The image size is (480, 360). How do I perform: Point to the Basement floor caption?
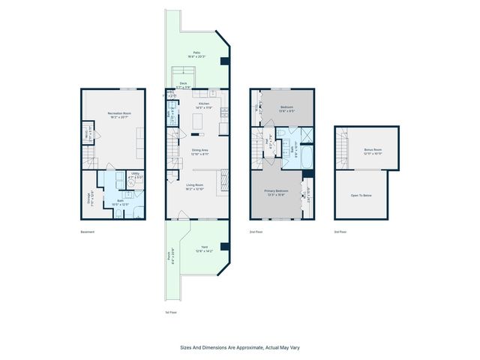click(x=88, y=232)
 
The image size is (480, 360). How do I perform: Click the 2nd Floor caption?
click(x=256, y=232)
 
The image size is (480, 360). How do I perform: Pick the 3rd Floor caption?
click(x=340, y=232)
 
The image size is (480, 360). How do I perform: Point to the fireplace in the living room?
click(x=222, y=180)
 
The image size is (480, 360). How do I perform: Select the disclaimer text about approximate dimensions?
click(x=240, y=347)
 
